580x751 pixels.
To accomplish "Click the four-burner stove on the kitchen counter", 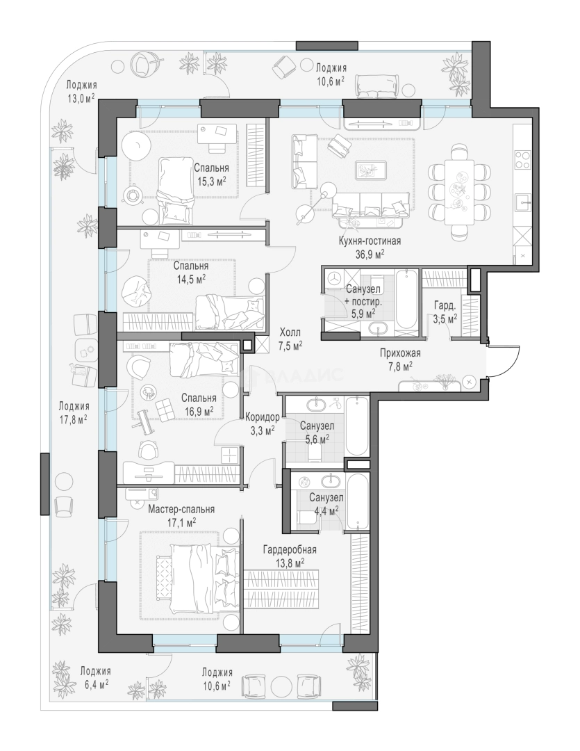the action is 522,159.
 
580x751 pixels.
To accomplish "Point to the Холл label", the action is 291,332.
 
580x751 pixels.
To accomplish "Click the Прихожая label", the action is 400,353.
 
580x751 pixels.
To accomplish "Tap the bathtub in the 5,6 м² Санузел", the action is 356,426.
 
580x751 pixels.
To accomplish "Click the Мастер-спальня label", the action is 181,509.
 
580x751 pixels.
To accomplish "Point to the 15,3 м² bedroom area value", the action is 212,181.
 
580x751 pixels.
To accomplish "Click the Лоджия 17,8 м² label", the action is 74,412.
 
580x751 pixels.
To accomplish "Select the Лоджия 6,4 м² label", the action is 95,677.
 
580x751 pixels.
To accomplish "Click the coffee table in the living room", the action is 371,171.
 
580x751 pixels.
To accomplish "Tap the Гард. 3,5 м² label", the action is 445,312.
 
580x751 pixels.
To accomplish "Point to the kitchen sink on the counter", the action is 522,202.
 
